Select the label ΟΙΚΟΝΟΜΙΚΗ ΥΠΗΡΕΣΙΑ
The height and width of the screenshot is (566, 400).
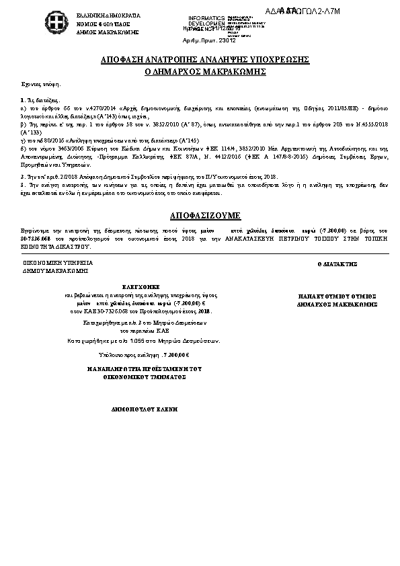pyautogui.click(x=63, y=263)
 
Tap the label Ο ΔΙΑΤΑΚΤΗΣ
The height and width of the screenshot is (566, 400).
pyautogui.click(x=336, y=266)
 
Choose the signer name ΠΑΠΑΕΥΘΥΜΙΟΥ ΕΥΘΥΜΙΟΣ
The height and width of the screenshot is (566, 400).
pyautogui.click(x=336, y=296)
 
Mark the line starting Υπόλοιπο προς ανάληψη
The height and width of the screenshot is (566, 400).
pyautogui.click(x=134, y=354)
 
